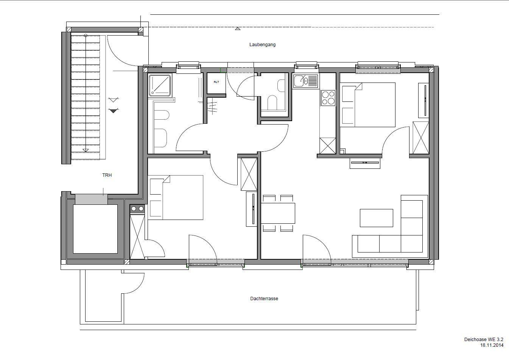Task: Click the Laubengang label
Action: [263, 45]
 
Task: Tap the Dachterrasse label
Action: [264, 299]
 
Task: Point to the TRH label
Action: [107, 175]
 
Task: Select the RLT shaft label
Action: [216, 82]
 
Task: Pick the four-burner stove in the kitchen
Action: [328, 98]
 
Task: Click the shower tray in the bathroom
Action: [160, 85]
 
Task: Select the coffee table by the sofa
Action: [377, 218]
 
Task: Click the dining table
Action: [278, 213]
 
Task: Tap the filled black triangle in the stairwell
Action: [114, 111]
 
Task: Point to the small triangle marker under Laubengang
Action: [238, 29]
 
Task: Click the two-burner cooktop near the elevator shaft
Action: [137, 209]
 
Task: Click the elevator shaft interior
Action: [95, 229]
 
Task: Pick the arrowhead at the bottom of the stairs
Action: [86, 150]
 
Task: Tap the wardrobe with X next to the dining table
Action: [249, 174]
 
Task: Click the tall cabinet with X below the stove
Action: [328, 146]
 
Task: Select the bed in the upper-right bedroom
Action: [368, 105]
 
